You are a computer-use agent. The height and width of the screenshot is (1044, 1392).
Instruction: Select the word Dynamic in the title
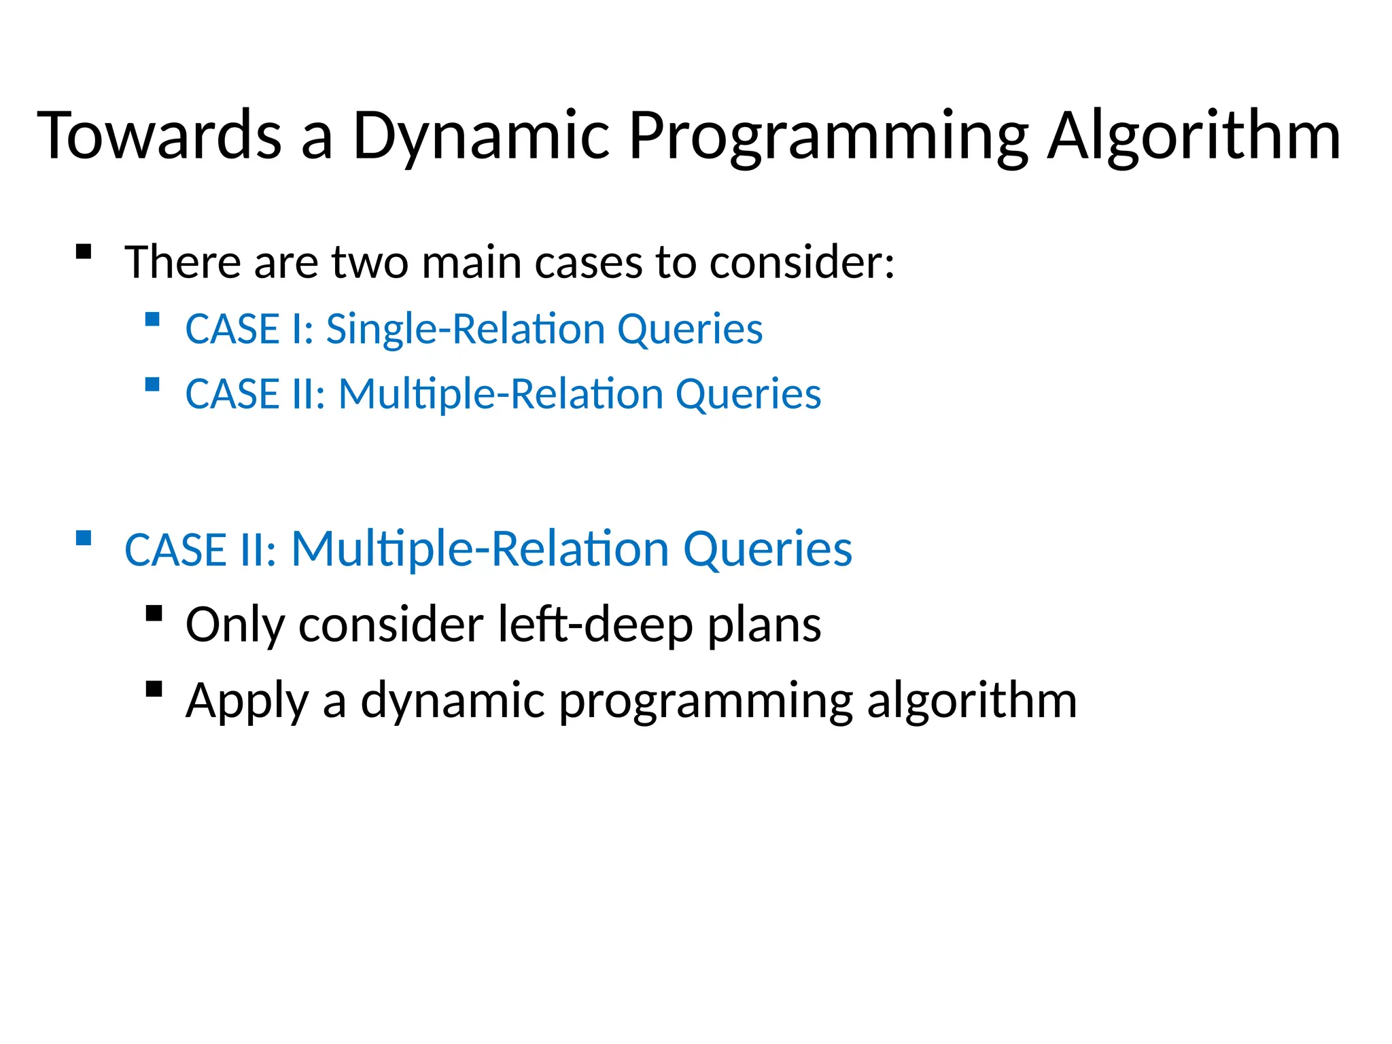click(x=481, y=136)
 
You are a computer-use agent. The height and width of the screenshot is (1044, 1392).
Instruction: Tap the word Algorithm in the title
click(x=1194, y=136)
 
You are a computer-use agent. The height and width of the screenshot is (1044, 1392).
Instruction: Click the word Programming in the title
click(x=829, y=136)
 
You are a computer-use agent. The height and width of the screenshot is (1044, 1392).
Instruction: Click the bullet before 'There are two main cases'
click(x=84, y=252)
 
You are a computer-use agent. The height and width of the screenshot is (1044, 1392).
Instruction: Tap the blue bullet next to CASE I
click(x=152, y=319)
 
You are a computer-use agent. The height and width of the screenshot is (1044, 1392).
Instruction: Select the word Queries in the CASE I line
click(x=690, y=329)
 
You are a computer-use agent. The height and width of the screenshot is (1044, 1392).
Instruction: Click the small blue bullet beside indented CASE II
click(x=152, y=385)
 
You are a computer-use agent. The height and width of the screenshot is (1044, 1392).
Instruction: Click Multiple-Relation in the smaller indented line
click(x=501, y=394)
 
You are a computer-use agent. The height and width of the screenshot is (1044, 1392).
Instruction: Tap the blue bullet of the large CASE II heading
click(x=84, y=538)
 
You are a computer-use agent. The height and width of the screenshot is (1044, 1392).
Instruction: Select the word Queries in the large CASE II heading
click(x=767, y=549)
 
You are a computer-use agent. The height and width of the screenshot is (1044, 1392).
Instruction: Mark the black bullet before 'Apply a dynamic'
click(x=154, y=689)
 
